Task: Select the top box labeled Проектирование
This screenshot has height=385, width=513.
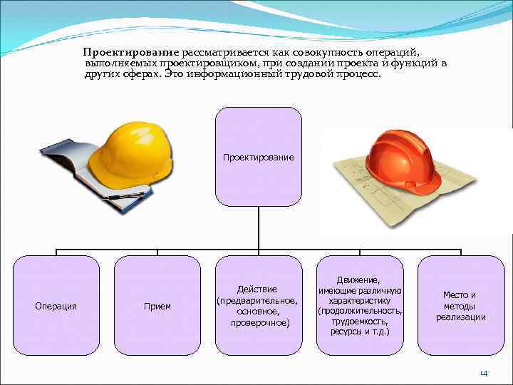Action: point(258,156)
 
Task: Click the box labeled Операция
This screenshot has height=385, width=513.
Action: point(56,305)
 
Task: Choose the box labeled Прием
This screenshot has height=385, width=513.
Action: point(157,305)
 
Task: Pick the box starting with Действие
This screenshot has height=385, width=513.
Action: point(258,305)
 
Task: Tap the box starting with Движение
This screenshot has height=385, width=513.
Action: point(360,305)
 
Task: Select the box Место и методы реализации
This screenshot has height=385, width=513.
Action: point(460,305)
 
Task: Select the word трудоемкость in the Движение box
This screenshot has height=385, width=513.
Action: point(360,322)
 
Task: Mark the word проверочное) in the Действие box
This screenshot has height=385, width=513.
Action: point(258,323)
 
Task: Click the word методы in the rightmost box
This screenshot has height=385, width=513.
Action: point(460,306)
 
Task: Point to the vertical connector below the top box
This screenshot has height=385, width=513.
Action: point(258,228)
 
